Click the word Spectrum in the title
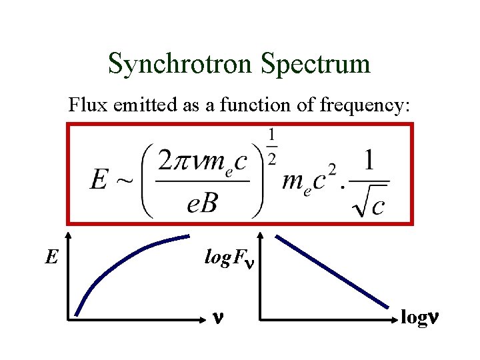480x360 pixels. pos(315,64)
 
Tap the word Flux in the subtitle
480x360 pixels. pos(83,105)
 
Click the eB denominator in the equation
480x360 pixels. pos(202,203)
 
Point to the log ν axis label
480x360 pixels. pos(420,318)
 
